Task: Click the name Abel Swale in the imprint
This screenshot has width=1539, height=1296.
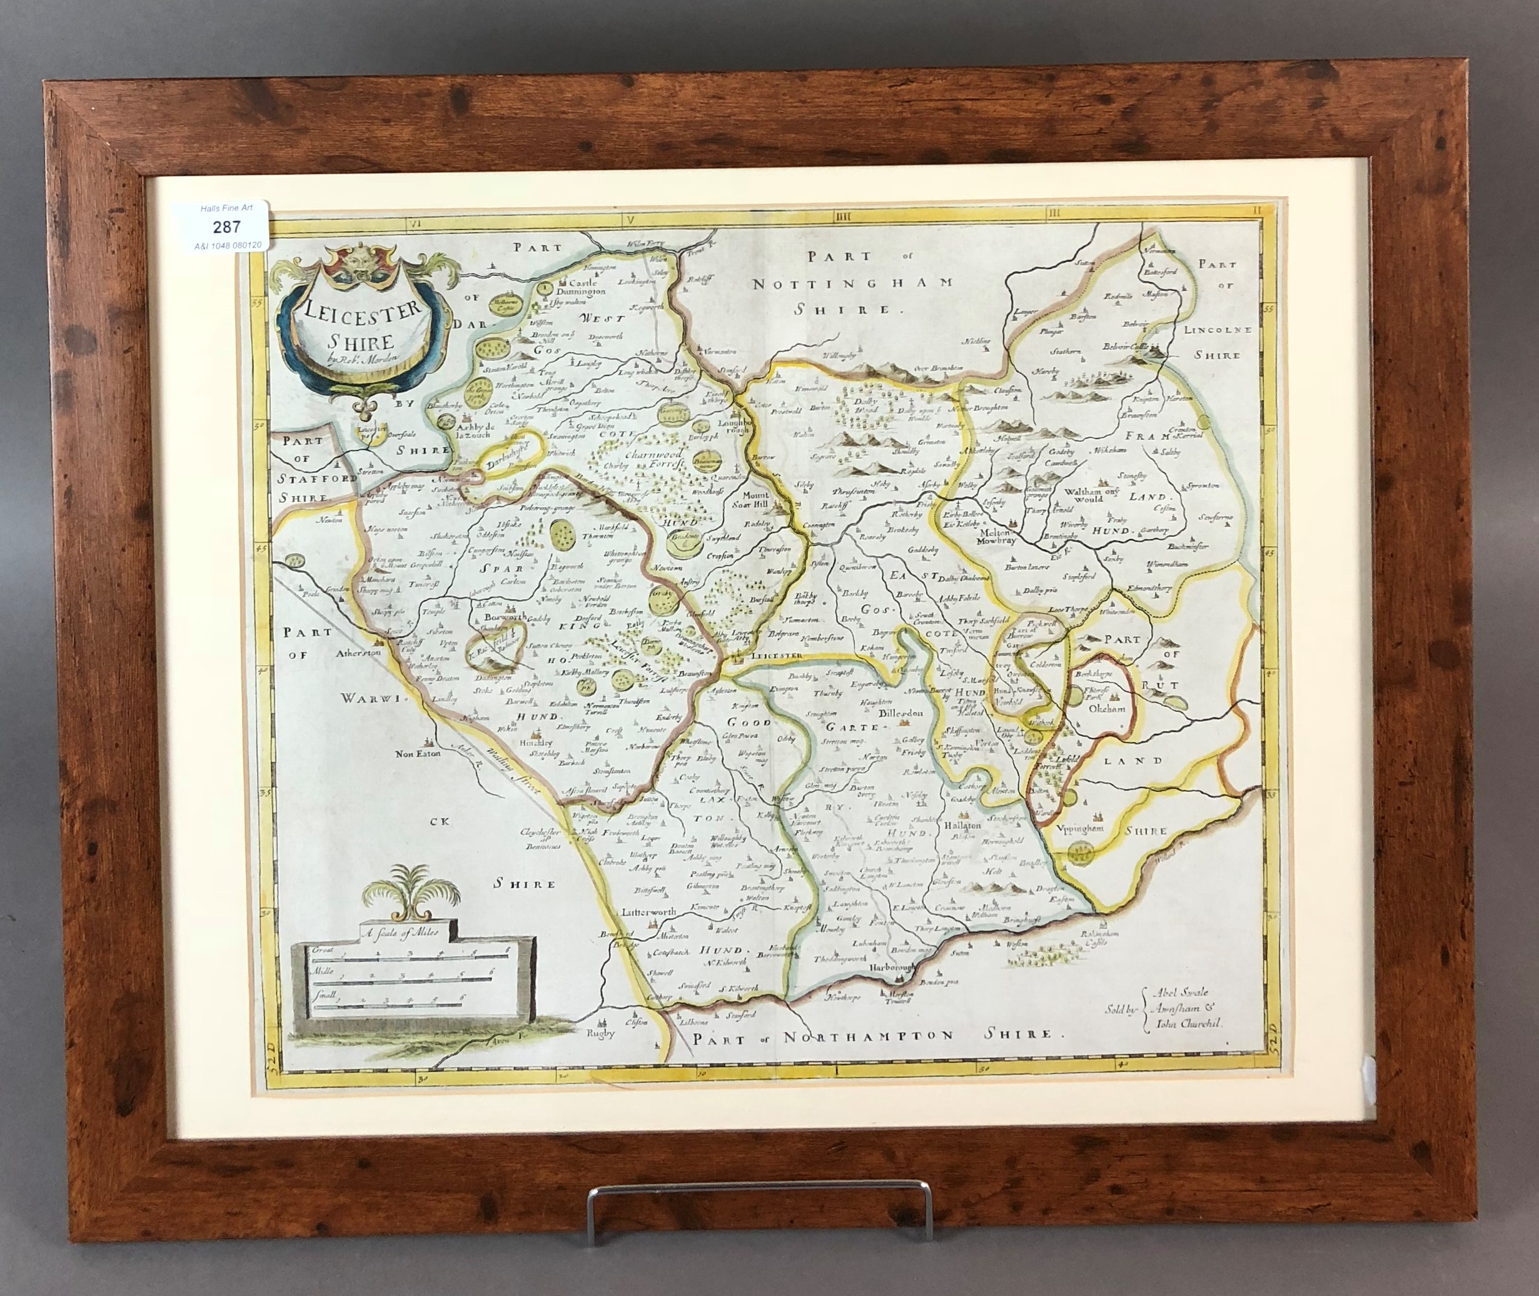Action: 1176,993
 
